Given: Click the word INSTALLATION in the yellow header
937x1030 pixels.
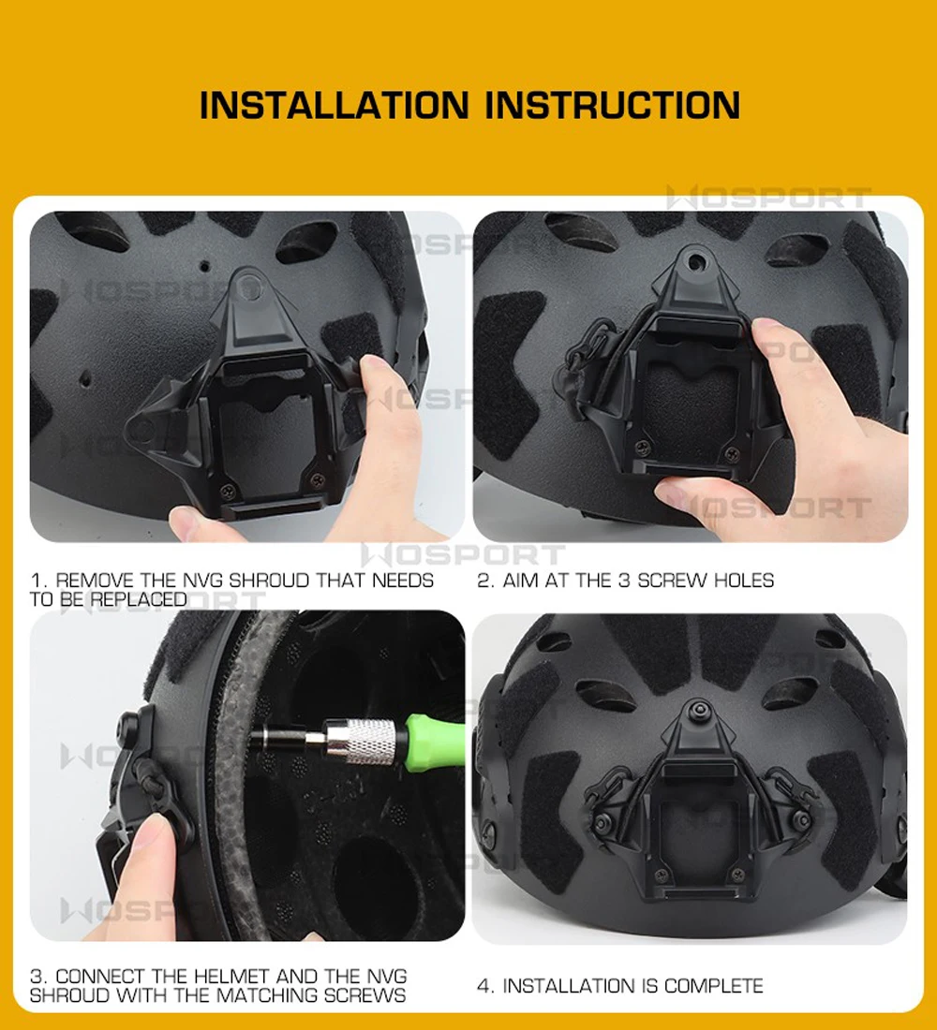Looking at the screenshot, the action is click(x=334, y=105).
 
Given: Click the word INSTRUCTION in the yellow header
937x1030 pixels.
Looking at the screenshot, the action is click(x=612, y=105).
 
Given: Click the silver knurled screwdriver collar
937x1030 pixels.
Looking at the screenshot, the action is click(x=369, y=741).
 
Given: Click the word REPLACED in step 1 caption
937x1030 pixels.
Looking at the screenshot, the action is click(x=139, y=599).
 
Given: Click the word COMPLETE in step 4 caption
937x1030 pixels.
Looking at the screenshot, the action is click(x=713, y=986).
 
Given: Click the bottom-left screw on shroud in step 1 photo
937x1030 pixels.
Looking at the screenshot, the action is click(x=229, y=491).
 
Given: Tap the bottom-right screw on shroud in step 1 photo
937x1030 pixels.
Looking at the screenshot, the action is click(x=319, y=480).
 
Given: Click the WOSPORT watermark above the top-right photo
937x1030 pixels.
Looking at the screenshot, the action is click(x=768, y=198).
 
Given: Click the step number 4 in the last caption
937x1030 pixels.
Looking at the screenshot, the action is click(x=483, y=986).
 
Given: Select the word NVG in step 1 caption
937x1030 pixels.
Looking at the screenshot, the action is click(x=202, y=581).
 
